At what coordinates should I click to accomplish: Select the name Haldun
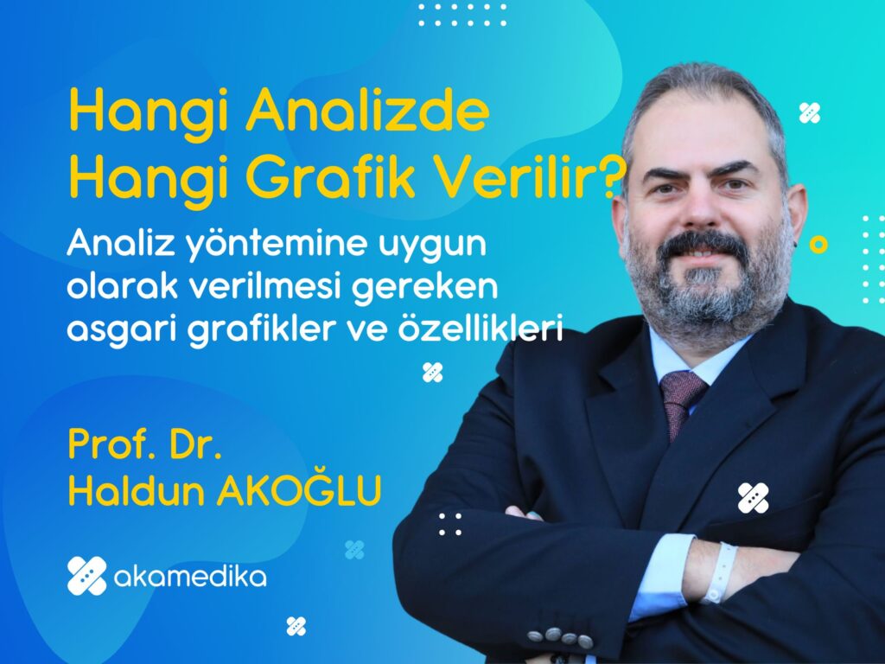pyautogui.click(x=136, y=490)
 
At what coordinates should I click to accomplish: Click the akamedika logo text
pyautogui.click(x=189, y=577)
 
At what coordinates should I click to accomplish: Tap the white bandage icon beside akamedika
pyautogui.click(x=87, y=575)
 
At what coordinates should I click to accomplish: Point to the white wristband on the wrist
pyautogui.click(x=720, y=572)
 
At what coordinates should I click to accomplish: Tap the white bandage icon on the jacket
pyautogui.click(x=753, y=498)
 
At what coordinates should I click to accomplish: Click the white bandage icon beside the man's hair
pyautogui.click(x=809, y=113)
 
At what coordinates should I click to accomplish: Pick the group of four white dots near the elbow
pyautogui.click(x=449, y=524)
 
